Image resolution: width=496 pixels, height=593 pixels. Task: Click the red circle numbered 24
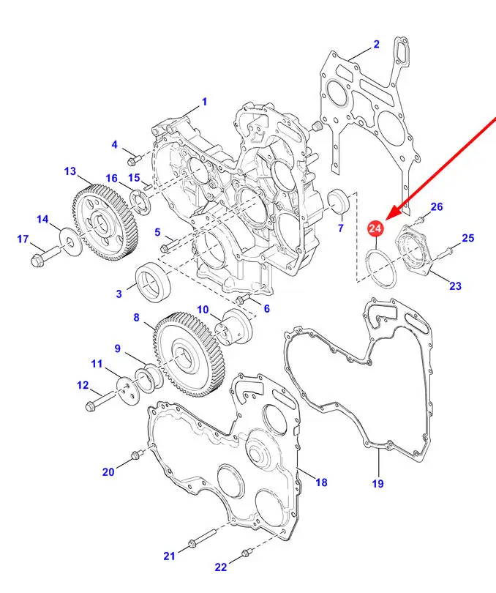[375, 229]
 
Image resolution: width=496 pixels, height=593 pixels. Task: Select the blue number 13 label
[69, 171]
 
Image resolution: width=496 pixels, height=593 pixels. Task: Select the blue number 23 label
[456, 286]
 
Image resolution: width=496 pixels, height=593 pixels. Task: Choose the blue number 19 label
[377, 483]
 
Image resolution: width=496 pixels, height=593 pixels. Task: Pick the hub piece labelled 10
[236, 324]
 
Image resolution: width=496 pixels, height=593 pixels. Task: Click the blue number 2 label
[376, 44]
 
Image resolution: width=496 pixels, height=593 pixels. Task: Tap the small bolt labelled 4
[133, 158]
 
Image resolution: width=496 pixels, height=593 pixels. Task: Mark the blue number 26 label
[437, 207]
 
